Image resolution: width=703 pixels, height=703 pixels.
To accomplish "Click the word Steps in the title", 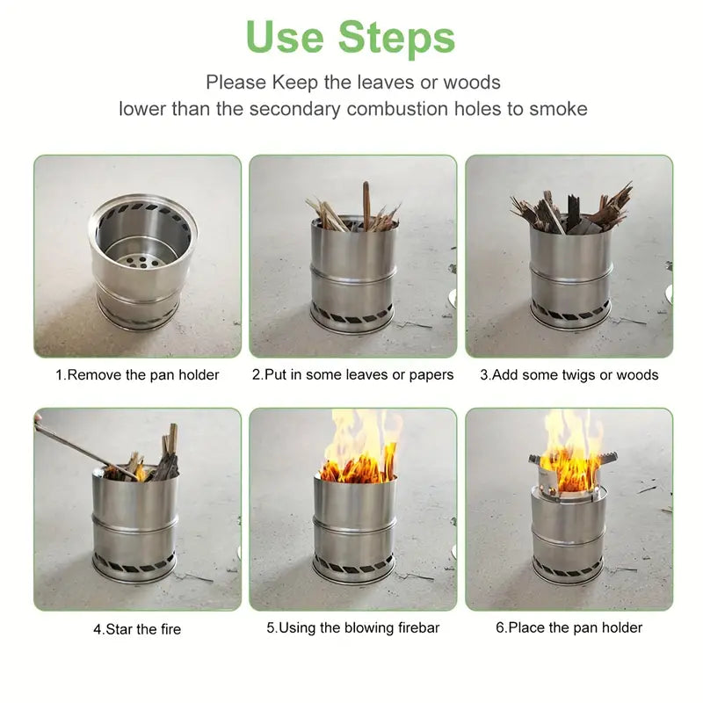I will [x=397, y=38].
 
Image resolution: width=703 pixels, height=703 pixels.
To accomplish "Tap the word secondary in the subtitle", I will [x=295, y=109].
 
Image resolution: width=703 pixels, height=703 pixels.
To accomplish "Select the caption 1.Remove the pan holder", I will [x=138, y=375].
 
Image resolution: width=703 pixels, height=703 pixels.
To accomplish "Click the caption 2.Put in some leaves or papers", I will [x=353, y=375].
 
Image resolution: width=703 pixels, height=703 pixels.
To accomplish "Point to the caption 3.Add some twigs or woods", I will [x=569, y=375].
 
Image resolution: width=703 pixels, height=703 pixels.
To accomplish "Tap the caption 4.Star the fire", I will [x=138, y=629].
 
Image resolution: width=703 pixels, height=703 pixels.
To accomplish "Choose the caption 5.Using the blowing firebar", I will [x=353, y=627].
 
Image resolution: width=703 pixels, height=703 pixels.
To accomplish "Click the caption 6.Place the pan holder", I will [x=569, y=627].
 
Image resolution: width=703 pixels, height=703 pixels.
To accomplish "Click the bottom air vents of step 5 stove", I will [x=353, y=564].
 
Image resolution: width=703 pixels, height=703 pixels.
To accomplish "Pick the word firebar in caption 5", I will [x=415, y=627].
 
